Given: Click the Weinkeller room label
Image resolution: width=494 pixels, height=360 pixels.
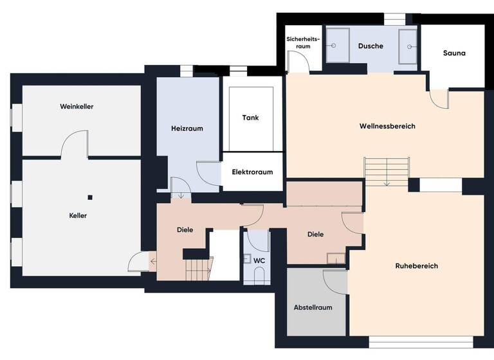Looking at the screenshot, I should (x=77, y=106).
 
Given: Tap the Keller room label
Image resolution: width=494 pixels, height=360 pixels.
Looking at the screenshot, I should (x=78, y=215).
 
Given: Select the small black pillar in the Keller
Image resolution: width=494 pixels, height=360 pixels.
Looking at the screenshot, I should (x=91, y=197).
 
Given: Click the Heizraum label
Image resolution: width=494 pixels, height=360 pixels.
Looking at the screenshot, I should (x=187, y=129).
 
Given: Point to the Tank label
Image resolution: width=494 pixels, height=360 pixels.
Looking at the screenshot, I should (x=250, y=118).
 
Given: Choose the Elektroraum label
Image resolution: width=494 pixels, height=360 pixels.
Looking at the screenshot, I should (x=252, y=172).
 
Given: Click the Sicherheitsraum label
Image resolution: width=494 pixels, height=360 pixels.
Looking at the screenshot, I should (x=298, y=43).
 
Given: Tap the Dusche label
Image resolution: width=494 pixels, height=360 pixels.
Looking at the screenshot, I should (x=370, y=46).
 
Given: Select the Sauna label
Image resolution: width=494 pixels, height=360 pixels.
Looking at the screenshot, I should (x=454, y=53).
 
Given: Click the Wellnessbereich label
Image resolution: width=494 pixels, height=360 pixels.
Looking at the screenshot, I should (x=387, y=126).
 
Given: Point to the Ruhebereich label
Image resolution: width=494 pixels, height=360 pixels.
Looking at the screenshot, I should (x=416, y=265).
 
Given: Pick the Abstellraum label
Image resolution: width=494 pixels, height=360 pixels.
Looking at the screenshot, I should (x=313, y=307).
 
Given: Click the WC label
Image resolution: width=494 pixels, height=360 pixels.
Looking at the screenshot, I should (x=260, y=260).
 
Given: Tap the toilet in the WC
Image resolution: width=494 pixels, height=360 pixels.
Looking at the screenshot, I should (x=260, y=276).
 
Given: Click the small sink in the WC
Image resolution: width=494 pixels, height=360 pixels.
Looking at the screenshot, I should (x=248, y=259).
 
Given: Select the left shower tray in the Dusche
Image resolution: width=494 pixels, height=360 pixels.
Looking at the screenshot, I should (x=337, y=45).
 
